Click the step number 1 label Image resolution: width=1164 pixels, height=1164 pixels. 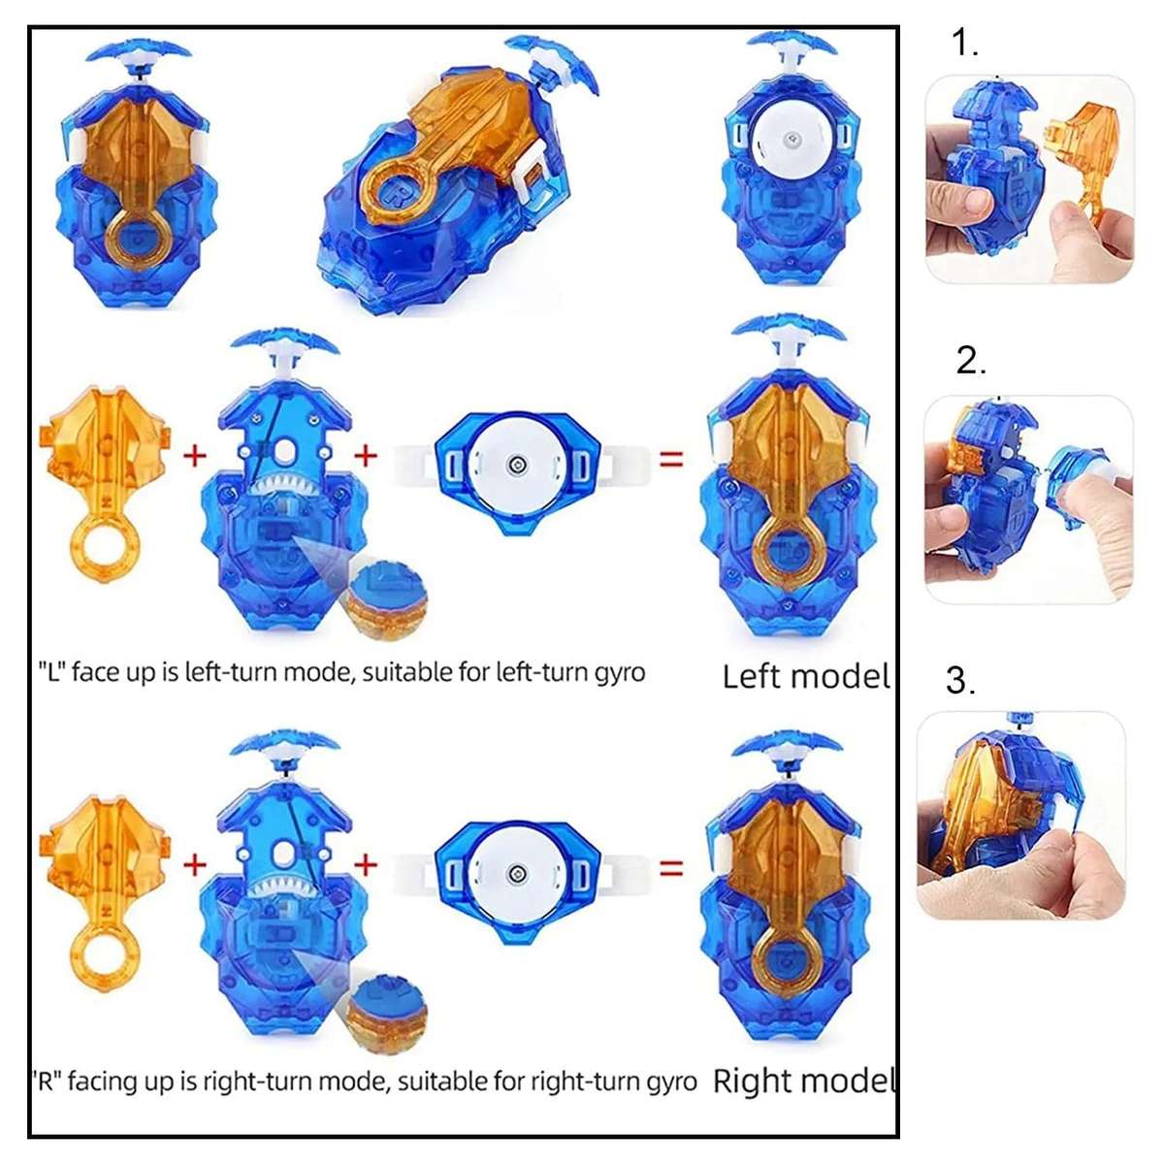pos(964,44)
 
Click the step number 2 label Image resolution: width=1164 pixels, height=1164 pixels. pos(970,361)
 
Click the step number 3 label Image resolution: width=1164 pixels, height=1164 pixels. pos(959,681)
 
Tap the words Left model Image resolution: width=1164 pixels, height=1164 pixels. pos(805,676)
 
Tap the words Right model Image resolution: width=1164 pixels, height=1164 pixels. pos(803,1081)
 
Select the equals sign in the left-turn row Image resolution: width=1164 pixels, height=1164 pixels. pos(671,459)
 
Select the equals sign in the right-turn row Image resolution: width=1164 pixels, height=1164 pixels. pos(671,867)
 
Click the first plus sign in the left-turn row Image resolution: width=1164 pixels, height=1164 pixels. pos(195,454)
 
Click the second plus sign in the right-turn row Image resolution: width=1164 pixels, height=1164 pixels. pos(366,863)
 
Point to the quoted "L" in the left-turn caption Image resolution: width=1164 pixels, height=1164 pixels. pos(49,671)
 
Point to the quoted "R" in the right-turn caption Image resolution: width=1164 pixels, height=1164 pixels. pos(45,1081)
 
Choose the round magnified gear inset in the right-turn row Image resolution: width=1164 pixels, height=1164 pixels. pos(387,1011)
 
